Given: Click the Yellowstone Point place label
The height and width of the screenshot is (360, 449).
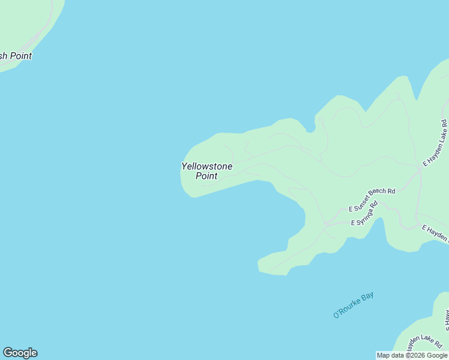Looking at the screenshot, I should (x=206, y=171).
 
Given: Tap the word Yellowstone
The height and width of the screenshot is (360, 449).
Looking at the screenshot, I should (x=206, y=166).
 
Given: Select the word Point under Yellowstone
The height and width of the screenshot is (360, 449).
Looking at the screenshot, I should (x=206, y=176).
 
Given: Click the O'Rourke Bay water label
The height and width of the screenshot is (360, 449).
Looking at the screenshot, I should (x=354, y=305).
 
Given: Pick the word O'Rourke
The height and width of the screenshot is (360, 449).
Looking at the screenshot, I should (x=347, y=308).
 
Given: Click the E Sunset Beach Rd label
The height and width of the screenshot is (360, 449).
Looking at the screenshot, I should (x=372, y=200).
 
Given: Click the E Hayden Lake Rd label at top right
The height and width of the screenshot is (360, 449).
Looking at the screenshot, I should (x=435, y=145).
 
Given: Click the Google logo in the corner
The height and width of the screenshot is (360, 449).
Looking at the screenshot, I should (x=20, y=353).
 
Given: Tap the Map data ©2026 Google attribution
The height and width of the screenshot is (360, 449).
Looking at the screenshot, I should (x=412, y=355).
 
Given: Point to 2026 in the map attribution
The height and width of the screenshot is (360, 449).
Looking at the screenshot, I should (x=417, y=355).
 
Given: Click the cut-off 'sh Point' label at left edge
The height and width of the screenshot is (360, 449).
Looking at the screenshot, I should (x=16, y=56).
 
